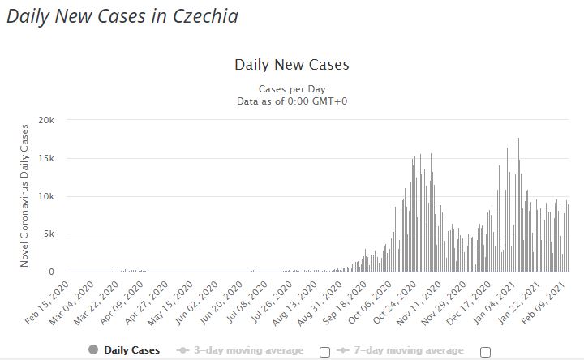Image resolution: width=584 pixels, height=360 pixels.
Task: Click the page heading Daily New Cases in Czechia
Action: tap(122, 16)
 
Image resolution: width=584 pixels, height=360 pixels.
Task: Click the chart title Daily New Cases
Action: tap(291, 64)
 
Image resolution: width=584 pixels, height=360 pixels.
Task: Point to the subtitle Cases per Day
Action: tap(291, 88)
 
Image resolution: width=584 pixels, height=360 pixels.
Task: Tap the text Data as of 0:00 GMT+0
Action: tap(291, 101)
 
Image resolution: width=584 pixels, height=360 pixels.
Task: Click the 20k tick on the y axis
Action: tap(45, 120)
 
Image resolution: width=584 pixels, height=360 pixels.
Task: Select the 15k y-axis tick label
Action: tap(45, 158)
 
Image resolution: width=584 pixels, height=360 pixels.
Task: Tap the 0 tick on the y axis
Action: tap(50, 272)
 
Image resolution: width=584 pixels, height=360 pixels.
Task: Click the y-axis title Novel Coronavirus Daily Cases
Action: tap(24, 195)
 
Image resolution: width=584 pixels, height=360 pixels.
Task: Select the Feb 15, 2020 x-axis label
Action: tap(49, 302)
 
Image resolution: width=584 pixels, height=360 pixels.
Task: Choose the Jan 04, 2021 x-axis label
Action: tap(504, 302)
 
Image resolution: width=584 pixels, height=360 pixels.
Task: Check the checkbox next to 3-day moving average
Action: tap(325, 351)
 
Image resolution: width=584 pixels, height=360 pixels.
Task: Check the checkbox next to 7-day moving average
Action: tap(486, 351)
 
